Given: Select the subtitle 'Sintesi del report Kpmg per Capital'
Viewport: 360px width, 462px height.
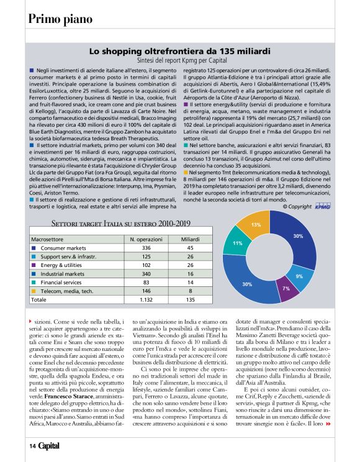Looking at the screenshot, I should coord(180,63).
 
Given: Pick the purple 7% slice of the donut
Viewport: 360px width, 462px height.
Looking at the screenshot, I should coord(286,289).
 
